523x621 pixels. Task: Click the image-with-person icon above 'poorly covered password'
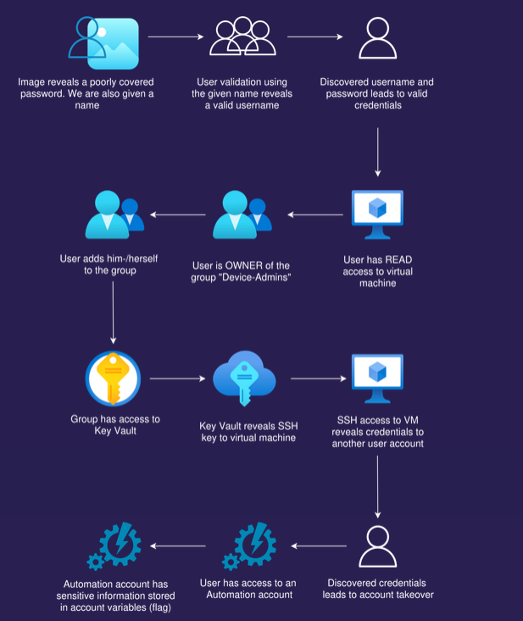point(103,42)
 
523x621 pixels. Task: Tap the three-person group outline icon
point(242,36)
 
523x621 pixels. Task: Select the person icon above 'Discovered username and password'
point(378,38)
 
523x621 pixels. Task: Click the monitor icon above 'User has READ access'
point(377,215)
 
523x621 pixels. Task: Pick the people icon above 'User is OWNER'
point(242,215)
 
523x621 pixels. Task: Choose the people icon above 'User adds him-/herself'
point(114,215)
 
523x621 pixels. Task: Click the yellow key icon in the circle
point(113,378)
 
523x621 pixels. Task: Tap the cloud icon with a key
point(244,378)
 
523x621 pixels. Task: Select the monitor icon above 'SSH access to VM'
point(377,378)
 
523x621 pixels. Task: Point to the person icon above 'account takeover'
point(378,546)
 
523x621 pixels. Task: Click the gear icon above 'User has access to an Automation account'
point(249,546)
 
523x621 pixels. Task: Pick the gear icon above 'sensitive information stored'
point(114,546)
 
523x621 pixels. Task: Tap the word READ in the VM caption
point(398,260)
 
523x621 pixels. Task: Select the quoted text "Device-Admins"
point(256,277)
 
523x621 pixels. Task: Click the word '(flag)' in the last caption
point(159,607)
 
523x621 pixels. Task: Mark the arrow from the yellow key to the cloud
point(178,378)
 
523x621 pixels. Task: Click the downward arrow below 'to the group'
point(113,312)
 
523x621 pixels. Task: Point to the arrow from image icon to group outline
point(176,36)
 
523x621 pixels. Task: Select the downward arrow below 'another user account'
point(377,487)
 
